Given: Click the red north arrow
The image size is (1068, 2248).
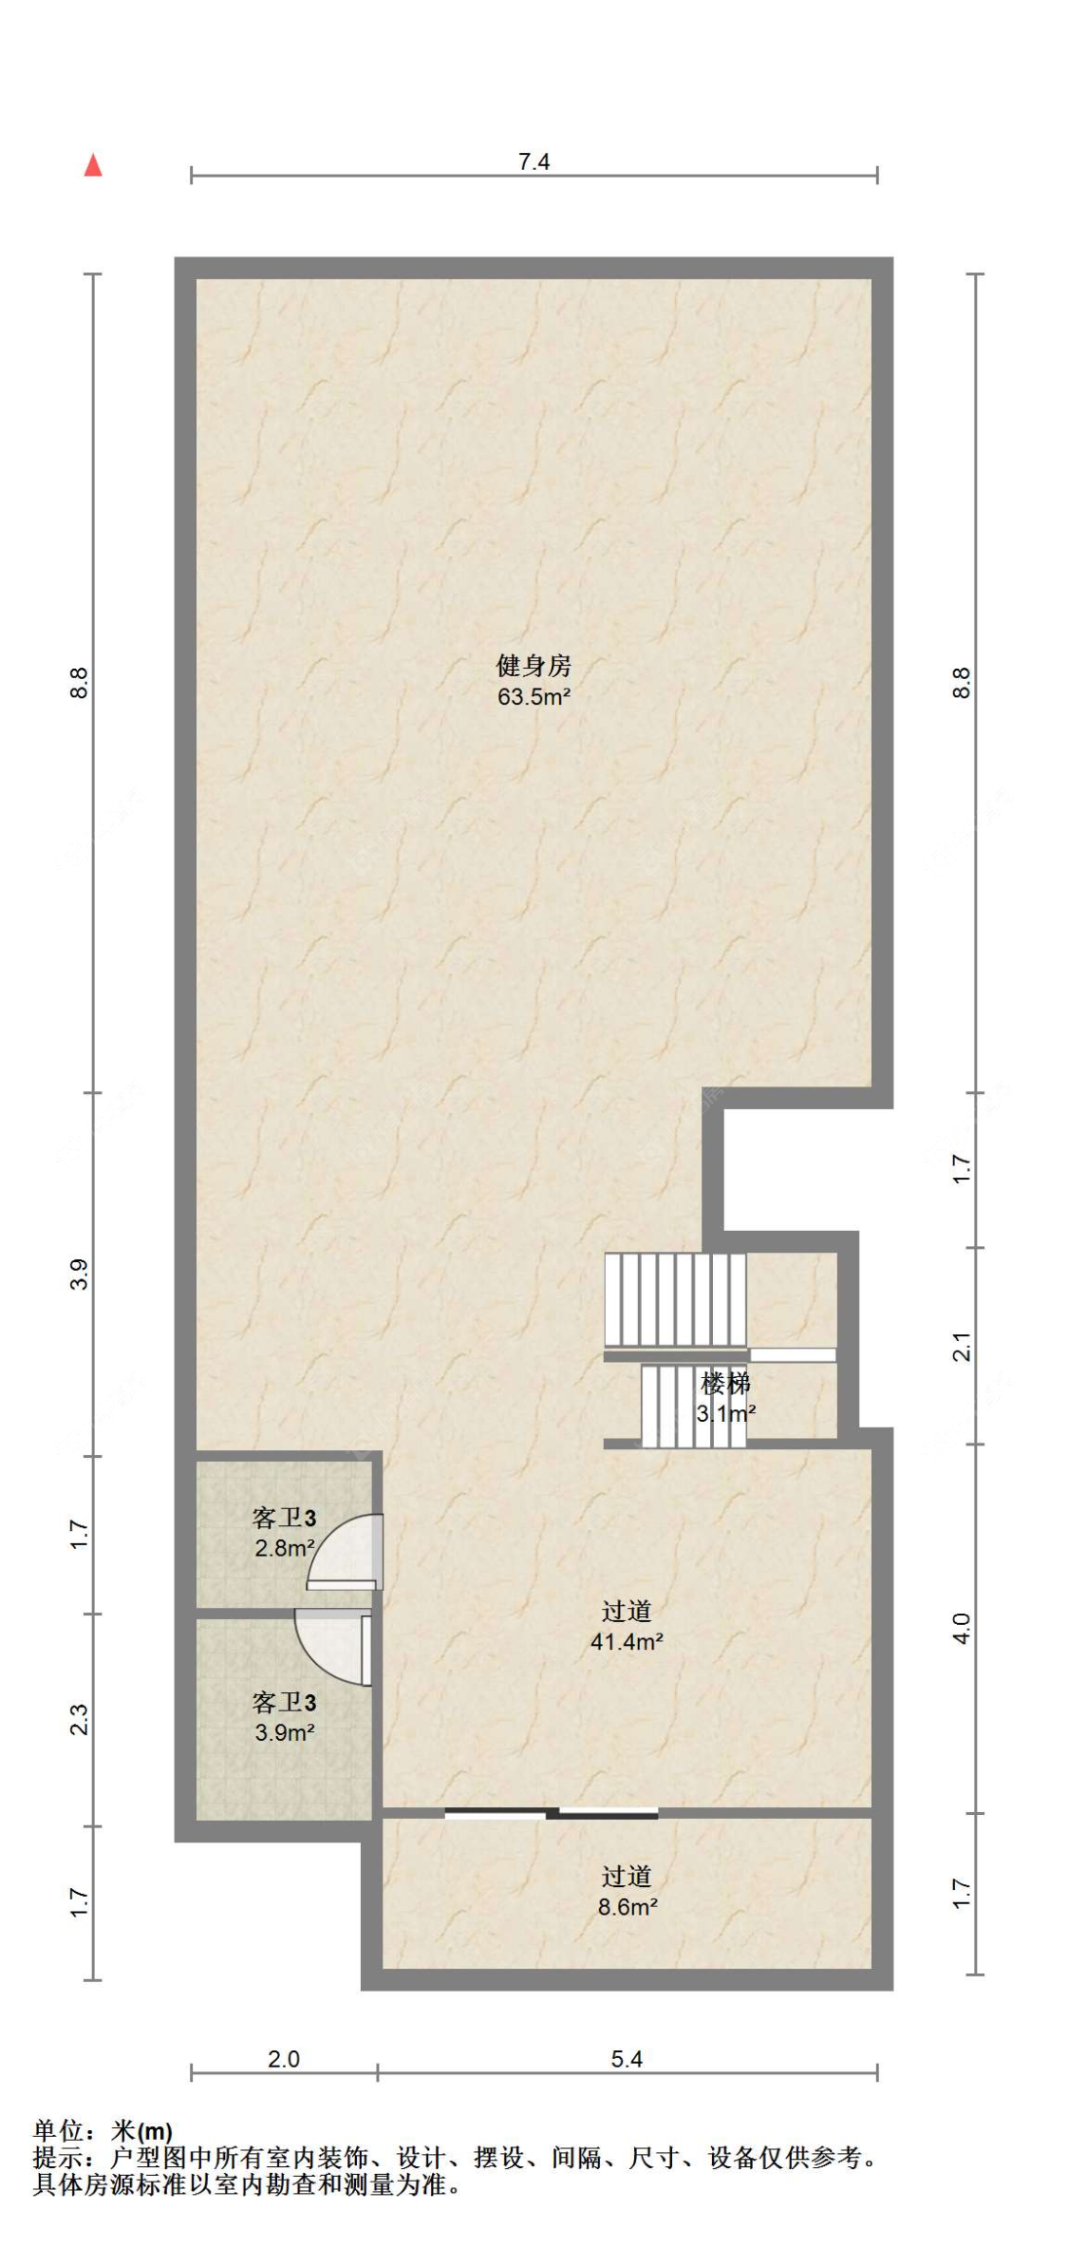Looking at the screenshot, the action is pyautogui.click(x=92, y=165).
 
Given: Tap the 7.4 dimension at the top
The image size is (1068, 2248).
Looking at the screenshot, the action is pyautogui.click(x=534, y=161).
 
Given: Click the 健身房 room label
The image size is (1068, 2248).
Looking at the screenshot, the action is pyautogui.click(x=534, y=665).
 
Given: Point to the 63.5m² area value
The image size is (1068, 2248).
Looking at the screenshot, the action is pyautogui.click(x=534, y=696).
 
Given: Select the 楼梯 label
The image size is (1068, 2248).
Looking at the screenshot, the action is pyautogui.click(x=725, y=1383).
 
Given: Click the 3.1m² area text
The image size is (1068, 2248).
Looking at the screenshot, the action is pyautogui.click(x=726, y=1413).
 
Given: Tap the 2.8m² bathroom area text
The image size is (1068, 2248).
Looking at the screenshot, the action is pyautogui.click(x=285, y=1548).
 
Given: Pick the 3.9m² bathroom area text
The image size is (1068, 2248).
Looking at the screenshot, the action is pyautogui.click(x=285, y=1732).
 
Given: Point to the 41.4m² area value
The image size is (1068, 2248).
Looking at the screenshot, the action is pyautogui.click(x=627, y=1641).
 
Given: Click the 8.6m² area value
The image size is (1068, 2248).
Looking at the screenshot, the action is pyautogui.click(x=628, y=1906).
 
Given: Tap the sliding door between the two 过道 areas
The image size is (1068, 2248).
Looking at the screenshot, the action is pyautogui.click(x=552, y=1812).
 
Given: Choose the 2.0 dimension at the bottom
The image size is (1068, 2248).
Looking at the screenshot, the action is pyautogui.click(x=283, y=2059).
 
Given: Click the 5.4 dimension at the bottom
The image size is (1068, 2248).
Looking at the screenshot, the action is pyautogui.click(x=627, y=2059).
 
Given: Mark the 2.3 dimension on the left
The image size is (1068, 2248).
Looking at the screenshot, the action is pyautogui.click(x=79, y=1720).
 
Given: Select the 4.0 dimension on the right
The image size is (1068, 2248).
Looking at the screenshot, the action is pyautogui.click(x=962, y=1629).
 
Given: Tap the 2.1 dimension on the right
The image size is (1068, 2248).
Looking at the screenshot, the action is pyautogui.click(x=962, y=1347).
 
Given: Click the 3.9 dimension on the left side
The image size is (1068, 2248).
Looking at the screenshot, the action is pyautogui.click(x=79, y=1274).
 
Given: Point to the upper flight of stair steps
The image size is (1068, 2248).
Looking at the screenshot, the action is pyautogui.click(x=675, y=1299).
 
